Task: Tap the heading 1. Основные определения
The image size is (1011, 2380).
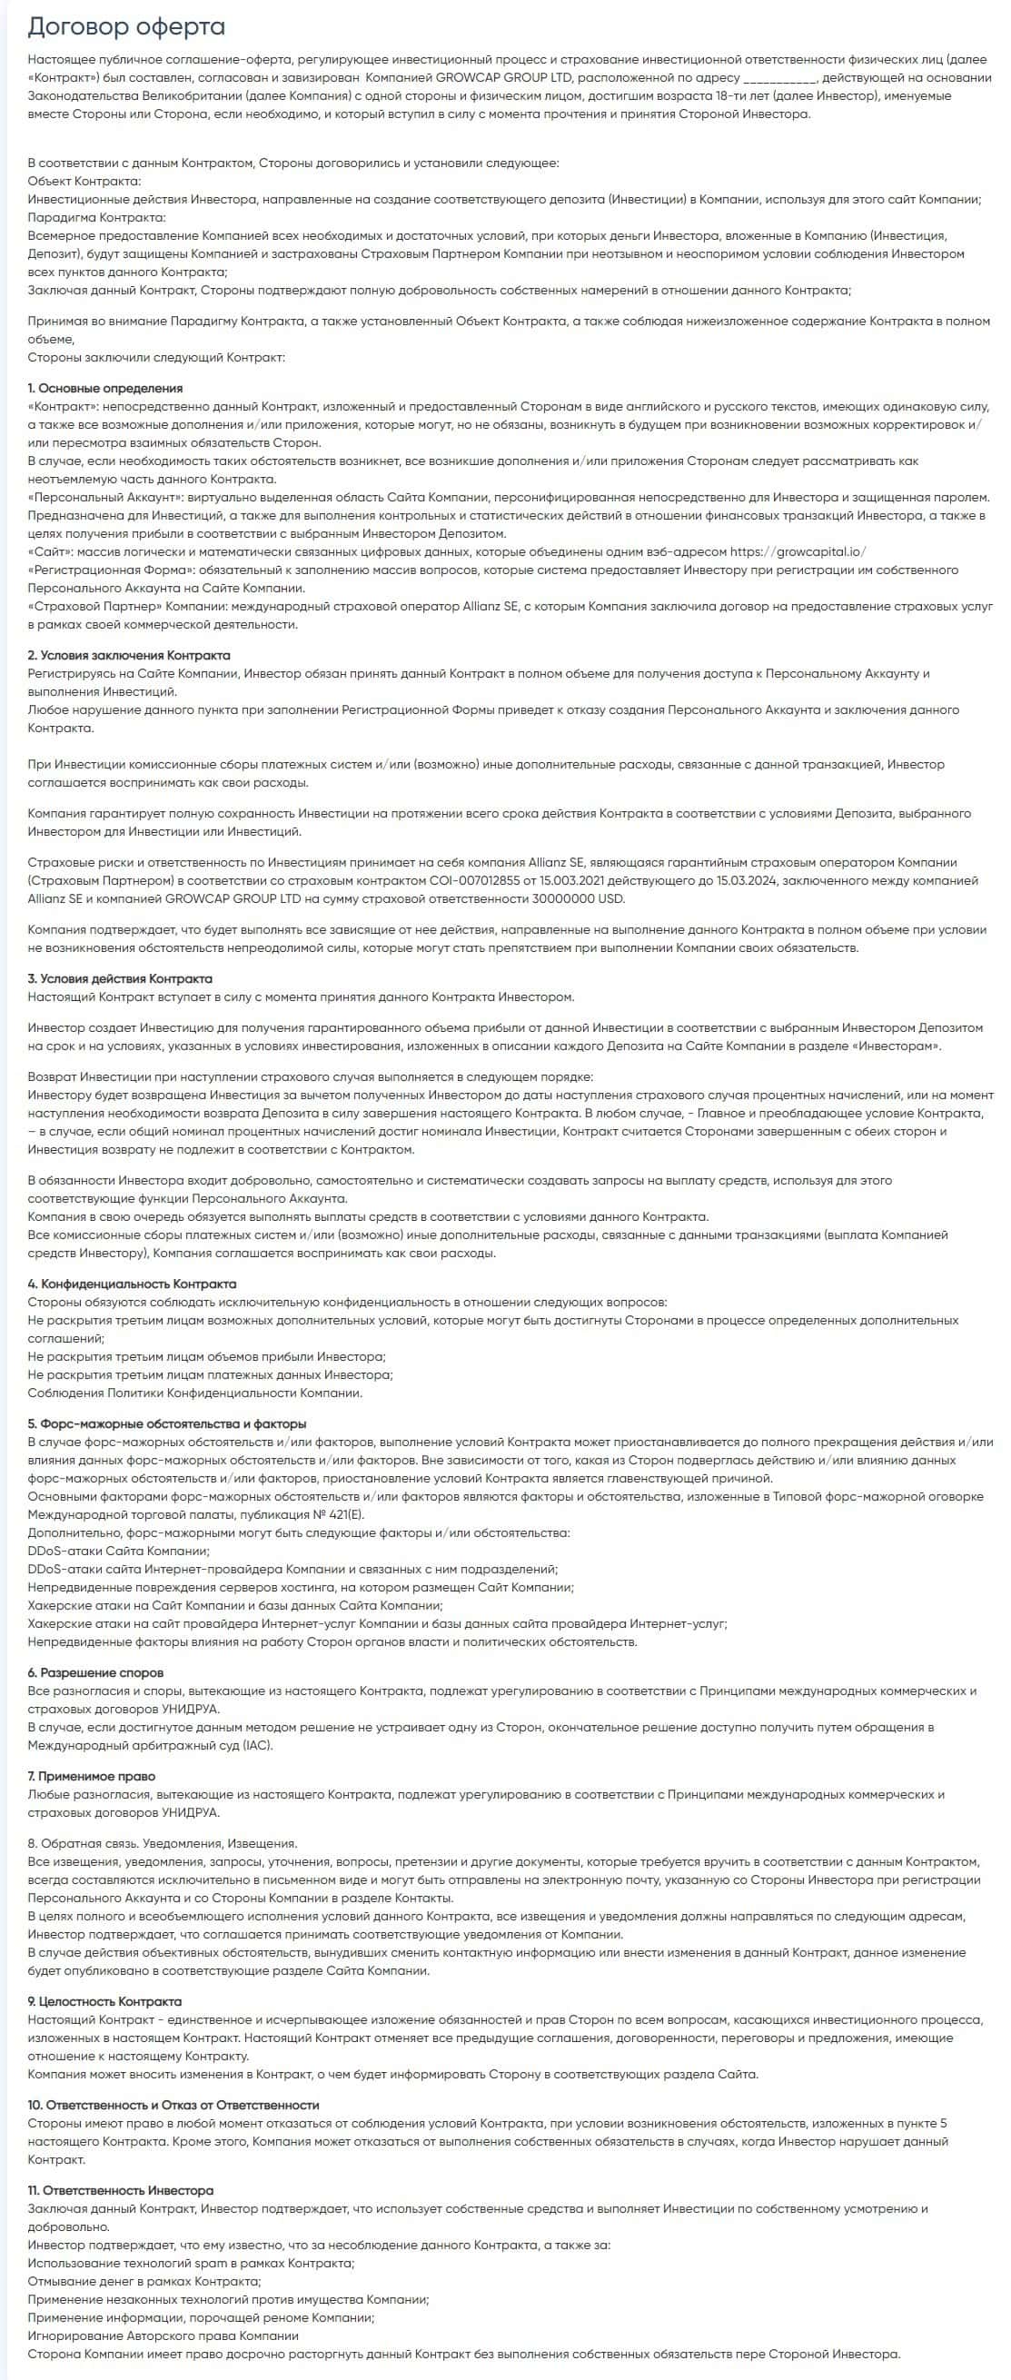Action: (x=105, y=388)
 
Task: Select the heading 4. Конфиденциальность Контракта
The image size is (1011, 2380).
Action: (x=132, y=1284)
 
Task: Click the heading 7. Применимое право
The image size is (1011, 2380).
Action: (x=92, y=1776)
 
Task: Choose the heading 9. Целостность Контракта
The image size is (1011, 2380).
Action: (x=104, y=2001)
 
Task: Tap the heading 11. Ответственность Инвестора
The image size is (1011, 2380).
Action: (x=120, y=2189)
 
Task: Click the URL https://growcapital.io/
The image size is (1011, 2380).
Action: (x=798, y=551)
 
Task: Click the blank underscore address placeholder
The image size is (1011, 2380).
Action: (x=779, y=77)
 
